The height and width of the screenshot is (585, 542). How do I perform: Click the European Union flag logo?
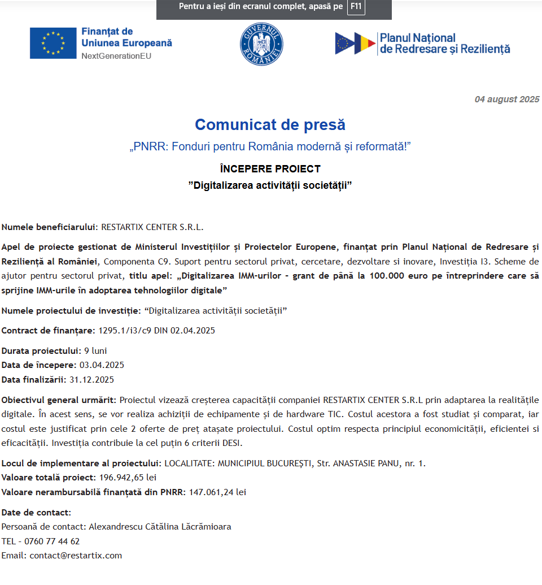pos(53,43)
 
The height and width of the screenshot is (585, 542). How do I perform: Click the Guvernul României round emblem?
pos(261,44)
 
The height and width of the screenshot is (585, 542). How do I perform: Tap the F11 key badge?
pos(356,7)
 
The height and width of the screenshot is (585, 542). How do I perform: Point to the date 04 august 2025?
pos(506,99)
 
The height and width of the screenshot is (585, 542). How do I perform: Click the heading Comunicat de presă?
pos(270,124)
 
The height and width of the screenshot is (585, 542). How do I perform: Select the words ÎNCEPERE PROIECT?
pos(270,168)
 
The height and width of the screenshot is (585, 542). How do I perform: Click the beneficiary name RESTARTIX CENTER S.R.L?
pos(152,228)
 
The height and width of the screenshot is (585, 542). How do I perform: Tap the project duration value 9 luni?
pos(95,350)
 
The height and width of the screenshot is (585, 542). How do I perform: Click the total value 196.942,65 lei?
pos(128,478)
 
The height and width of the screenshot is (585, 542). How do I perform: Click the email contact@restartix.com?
pos(76,556)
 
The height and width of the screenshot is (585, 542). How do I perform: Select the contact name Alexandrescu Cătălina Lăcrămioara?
pos(160,527)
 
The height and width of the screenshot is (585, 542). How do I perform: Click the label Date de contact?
pos(36,513)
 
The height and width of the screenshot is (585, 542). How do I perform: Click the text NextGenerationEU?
pos(116,56)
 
